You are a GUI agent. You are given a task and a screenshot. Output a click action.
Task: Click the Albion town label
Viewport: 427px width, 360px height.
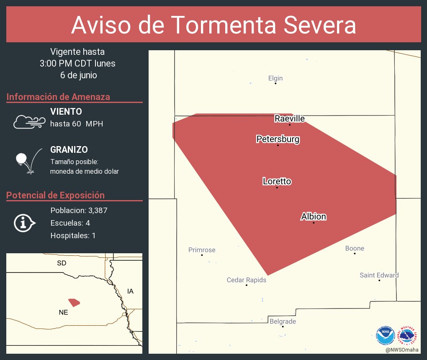314,216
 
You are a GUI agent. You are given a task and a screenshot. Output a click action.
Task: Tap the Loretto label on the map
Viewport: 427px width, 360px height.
277,181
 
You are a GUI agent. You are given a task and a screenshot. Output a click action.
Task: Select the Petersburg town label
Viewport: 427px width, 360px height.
278,139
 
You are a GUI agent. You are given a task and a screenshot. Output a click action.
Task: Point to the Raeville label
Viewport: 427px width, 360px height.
290,118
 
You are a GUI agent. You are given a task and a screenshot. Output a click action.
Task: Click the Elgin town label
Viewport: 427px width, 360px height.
275,78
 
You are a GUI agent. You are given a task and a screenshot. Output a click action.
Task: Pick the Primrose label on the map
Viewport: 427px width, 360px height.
202,250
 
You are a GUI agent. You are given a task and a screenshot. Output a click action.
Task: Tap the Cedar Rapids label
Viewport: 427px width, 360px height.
247,280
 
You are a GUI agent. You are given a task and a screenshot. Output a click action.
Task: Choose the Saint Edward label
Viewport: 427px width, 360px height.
379,275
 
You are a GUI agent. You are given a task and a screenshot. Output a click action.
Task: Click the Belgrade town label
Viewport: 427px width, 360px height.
283,321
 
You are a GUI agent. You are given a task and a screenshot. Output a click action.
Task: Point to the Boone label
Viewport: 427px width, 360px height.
355,248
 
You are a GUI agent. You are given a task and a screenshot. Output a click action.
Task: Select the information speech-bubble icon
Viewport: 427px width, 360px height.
24,223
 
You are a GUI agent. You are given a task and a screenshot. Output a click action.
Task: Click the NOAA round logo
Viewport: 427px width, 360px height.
385,335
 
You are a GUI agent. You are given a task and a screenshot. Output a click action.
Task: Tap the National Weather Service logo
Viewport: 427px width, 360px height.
408,335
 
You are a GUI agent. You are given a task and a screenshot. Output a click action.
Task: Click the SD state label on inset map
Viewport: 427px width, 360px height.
62,263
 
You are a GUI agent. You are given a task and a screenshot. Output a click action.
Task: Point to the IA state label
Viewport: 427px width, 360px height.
130,291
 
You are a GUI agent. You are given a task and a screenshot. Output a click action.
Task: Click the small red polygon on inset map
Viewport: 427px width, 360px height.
74,302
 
